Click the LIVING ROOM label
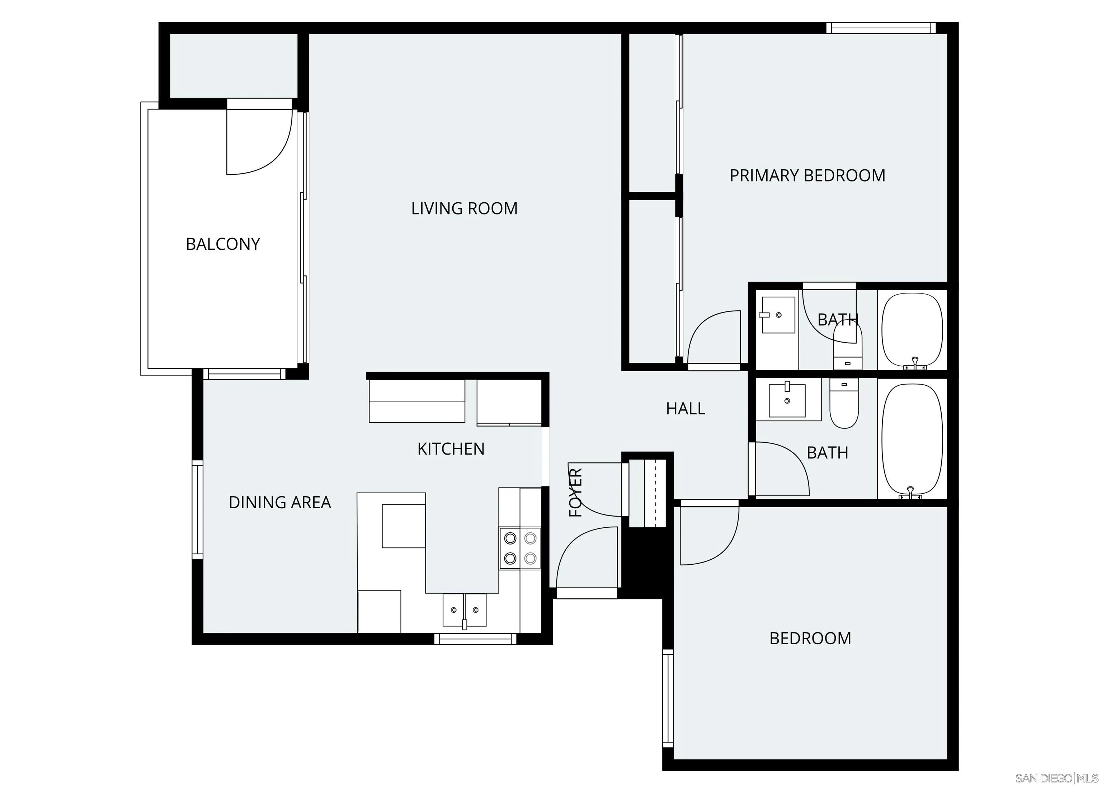pos(464,208)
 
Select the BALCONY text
pos(223,244)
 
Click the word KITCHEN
pos(451,449)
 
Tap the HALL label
pos(685,409)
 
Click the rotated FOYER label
pos(575,492)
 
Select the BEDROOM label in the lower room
pos(810,639)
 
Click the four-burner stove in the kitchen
pos(520,549)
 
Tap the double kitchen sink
pos(464,610)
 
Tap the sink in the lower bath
pos(787,400)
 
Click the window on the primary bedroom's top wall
pos(880,28)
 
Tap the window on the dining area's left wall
pos(197,510)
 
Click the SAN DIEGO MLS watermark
pos(1055,778)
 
